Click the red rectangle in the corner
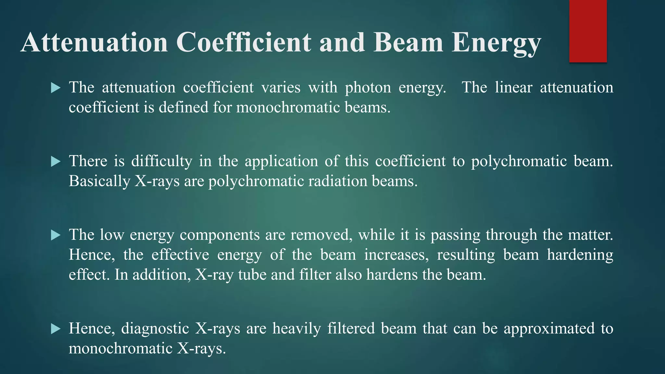click(588, 31)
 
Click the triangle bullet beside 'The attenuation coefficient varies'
click(56, 88)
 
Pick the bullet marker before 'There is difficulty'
click(56, 161)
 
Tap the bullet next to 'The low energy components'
click(56, 235)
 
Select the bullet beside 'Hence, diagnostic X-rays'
click(56, 329)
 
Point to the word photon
click(368, 88)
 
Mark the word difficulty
click(162, 161)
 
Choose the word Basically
click(99, 181)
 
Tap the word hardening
click(580, 255)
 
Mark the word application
click(281, 161)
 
